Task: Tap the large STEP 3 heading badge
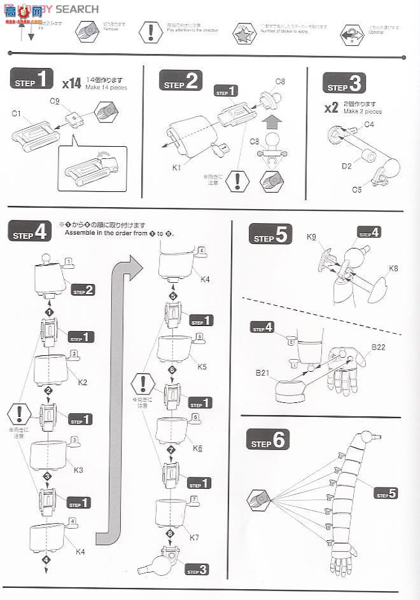[x=344, y=83]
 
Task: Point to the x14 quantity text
[x=71, y=83]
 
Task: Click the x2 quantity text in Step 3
[x=331, y=107]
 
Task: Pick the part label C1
[x=17, y=114]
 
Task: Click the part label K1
[x=177, y=167]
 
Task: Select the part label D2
[x=346, y=167]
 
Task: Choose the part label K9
[x=311, y=237]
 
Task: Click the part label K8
[x=394, y=268]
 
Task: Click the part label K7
[x=195, y=538]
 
